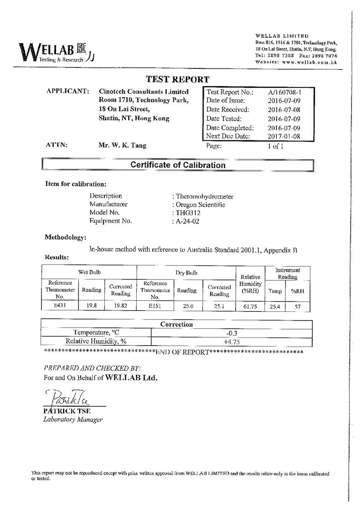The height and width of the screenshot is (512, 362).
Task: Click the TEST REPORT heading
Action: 178,79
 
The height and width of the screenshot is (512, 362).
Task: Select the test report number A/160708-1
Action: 284,92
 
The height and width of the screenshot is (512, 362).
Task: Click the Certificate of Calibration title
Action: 178,165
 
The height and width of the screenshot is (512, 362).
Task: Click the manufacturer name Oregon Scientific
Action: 200,205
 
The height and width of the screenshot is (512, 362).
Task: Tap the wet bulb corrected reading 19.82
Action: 120,306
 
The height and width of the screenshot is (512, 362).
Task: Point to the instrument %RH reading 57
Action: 297,307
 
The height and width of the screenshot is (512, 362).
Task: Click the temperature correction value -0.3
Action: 231,333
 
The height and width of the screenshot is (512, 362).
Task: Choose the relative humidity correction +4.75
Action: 231,341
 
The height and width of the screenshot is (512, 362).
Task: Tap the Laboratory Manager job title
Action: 73,419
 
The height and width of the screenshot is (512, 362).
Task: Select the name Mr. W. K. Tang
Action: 123,146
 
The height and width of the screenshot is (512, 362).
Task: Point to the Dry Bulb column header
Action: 186,273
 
